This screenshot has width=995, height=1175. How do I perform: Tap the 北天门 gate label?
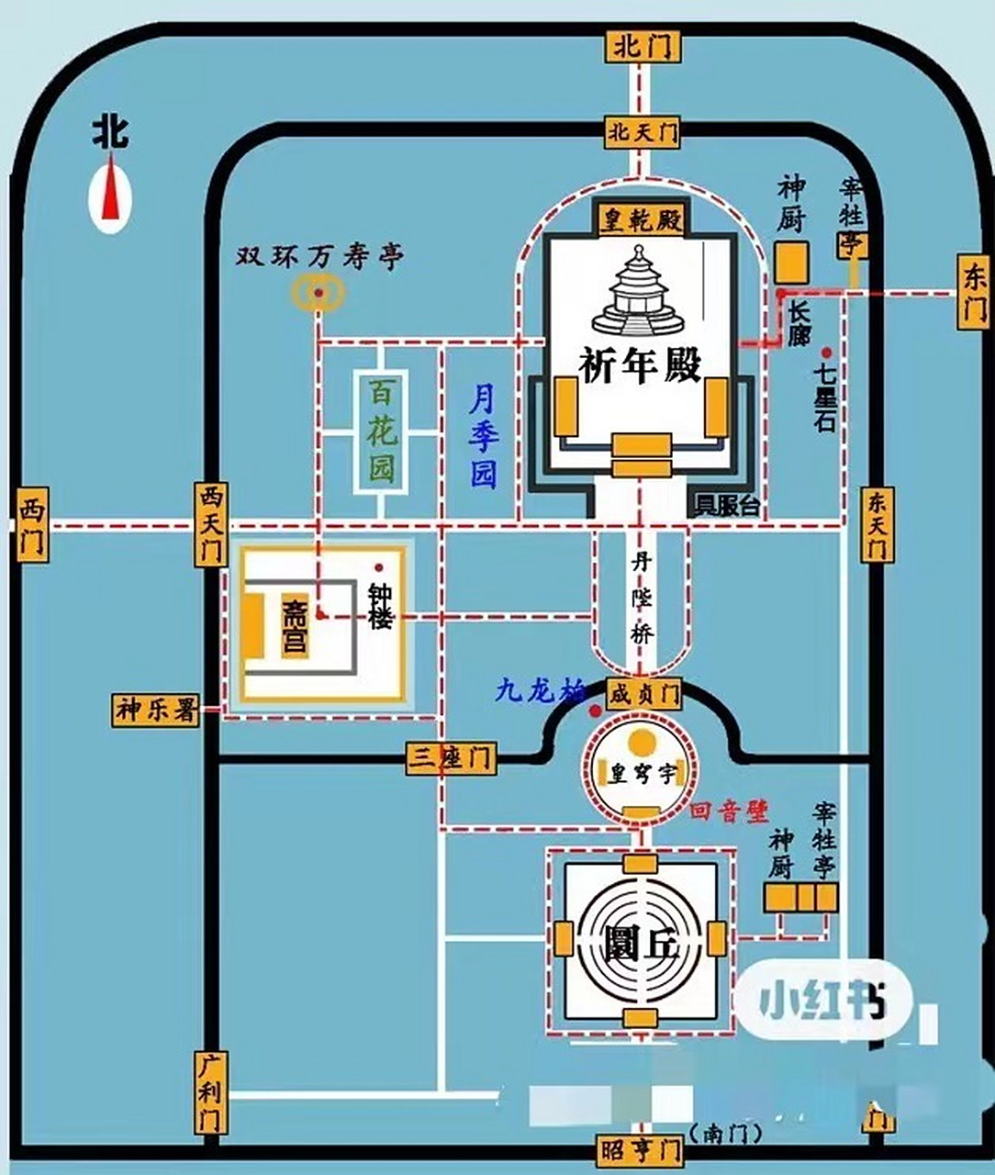coord(643,132)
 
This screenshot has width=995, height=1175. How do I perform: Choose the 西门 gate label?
coord(32,526)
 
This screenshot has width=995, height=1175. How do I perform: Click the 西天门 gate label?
coord(210,524)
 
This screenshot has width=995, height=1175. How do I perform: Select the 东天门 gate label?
coord(876,524)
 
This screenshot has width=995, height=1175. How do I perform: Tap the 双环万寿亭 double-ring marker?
coord(318,293)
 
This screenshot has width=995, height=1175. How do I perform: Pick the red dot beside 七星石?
coord(826,352)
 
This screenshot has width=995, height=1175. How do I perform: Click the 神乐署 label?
coord(157,710)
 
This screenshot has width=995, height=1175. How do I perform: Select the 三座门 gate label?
coord(451,758)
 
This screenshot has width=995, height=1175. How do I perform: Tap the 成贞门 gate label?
coord(643,693)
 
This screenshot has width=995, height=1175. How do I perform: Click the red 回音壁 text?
coord(730,810)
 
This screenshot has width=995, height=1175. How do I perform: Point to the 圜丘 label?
coord(642,943)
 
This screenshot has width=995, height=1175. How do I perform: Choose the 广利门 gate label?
coord(210,1092)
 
